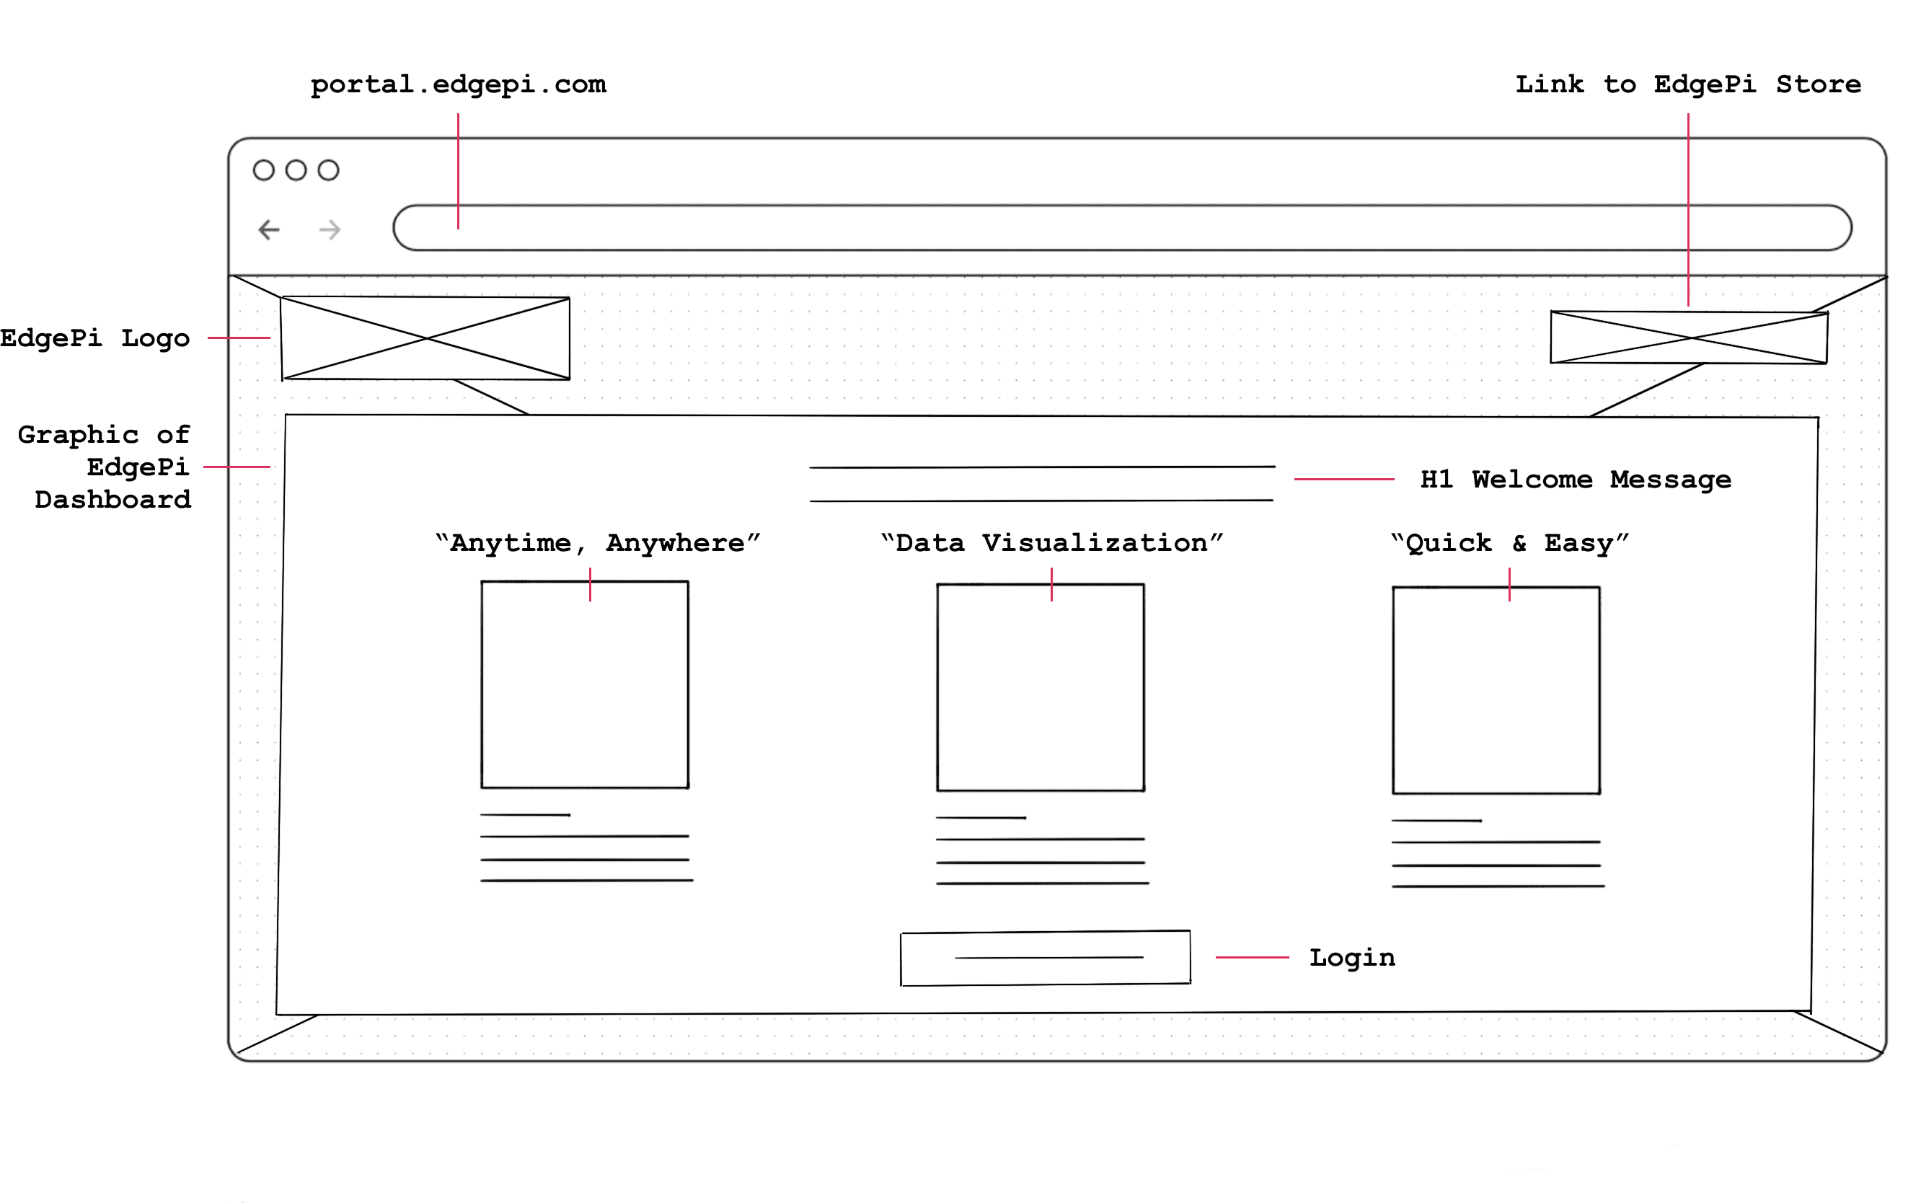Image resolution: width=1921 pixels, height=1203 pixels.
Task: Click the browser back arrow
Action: (x=269, y=230)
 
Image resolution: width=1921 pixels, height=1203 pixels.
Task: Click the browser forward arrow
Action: (x=330, y=230)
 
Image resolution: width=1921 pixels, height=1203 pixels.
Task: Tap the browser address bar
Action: (x=1121, y=229)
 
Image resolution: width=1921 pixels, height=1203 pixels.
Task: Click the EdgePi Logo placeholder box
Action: (x=425, y=338)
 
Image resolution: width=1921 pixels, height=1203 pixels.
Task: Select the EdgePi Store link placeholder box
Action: (x=1688, y=338)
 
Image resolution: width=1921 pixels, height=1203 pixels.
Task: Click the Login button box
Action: (x=1045, y=958)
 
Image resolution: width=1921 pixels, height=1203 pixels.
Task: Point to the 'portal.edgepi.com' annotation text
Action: (x=458, y=84)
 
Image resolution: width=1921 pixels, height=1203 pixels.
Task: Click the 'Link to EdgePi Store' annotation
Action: (x=1687, y=84)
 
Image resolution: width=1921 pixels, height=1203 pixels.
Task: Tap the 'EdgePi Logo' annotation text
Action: (x=94, y=338)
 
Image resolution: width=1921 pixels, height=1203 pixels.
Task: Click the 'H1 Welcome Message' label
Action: (x=1575, y=480)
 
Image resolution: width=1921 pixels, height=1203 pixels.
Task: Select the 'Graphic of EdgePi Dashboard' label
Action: (x=105, y=467)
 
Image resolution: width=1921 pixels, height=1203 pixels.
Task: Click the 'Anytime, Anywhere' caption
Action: (x=597, y=543)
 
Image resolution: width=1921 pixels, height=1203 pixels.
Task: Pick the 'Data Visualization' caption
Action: (x=1051, y=543)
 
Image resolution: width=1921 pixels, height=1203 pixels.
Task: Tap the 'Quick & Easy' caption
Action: (x=1509, y=543)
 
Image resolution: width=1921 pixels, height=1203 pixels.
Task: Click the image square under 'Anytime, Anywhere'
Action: (x=585, y=685)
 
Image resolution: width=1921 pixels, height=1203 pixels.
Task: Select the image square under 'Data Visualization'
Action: (x=1041, y=687)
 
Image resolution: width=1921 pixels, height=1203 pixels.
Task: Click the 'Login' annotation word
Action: (x=1352, y=958)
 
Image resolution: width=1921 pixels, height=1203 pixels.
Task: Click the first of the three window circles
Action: (x=263, y=170)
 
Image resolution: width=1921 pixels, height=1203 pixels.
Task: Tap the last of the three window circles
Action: (x=329, y=170)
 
